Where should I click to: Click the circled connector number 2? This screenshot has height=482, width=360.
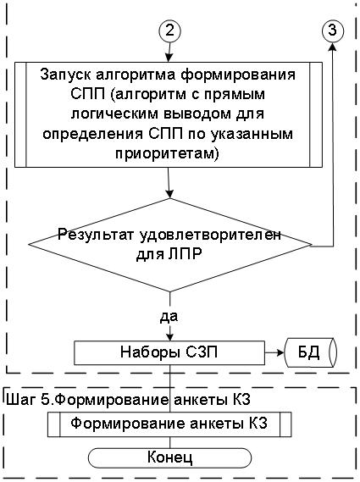169,30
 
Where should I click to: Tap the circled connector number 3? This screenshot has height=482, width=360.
333,30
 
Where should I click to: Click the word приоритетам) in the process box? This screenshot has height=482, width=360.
167,153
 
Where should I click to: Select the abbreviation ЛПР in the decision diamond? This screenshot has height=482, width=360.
187,255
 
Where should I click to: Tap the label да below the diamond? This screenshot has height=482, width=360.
169,316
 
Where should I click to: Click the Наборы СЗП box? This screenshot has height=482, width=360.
169,352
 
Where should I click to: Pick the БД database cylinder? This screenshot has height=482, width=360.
311,352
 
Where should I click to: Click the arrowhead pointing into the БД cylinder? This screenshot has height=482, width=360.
280,352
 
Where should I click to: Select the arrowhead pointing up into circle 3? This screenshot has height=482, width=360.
333,47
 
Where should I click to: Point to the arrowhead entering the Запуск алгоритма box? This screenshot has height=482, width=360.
169,58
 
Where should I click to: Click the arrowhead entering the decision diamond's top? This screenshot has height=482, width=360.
169,194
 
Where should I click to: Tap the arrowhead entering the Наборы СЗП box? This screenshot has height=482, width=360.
169,336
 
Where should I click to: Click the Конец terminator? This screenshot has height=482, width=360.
169,458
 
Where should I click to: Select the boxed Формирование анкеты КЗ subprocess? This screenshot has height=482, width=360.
169,424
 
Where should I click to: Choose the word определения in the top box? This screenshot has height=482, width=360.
92,134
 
